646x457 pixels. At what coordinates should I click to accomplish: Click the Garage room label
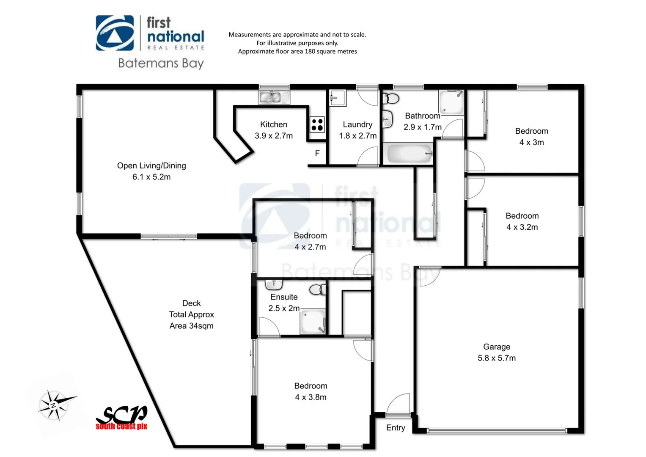click(x=496, y=347)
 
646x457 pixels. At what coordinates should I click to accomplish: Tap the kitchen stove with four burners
click(x=317, y=125)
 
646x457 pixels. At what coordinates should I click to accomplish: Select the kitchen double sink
click(x=270, y=98)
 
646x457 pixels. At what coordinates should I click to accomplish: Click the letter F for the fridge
click(x=317, y=154)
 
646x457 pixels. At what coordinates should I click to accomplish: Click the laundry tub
click(x=338, y=99)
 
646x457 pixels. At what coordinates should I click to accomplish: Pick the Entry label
click(x=396, y=428)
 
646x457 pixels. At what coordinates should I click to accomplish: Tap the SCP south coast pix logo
click(x=122, y=418)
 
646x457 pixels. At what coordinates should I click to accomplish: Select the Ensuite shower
click(x=313, y=322)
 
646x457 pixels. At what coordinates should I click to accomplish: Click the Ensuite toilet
click(x=318, y=290)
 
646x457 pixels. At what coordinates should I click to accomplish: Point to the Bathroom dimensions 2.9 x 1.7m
click(x=423, y=127)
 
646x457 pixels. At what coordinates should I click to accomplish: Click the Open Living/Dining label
click(x=151, y=166)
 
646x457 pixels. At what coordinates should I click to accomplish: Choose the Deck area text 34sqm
click(x=191, y=326)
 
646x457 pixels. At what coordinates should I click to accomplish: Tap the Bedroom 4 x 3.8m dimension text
click(x=311, y=397)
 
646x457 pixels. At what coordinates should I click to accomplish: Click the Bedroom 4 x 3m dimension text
click(x=531, y=143)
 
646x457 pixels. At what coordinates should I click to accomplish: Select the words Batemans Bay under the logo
click(x=161, y=63)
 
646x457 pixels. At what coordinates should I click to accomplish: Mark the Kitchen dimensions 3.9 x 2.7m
click(x=274, y=136)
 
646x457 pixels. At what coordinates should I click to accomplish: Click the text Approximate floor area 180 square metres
click(x=297, y=52)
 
